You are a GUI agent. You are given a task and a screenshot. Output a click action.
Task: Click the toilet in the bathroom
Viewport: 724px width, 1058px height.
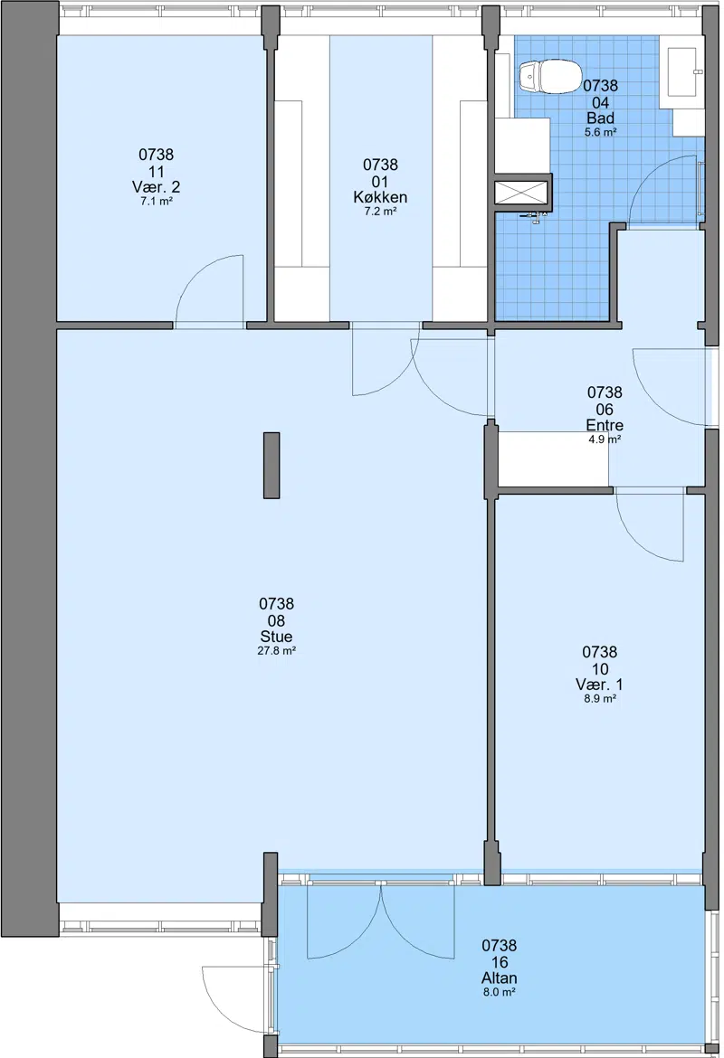(549, 76)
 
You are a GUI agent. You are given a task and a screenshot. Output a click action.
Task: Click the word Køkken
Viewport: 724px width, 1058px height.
(380, 198)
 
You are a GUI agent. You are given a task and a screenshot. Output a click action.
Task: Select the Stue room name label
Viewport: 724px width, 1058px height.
(276, 637)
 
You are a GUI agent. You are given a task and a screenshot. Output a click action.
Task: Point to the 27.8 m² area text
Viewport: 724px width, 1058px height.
(277, 651)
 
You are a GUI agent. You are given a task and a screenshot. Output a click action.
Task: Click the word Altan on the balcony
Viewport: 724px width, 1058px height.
(500, 978)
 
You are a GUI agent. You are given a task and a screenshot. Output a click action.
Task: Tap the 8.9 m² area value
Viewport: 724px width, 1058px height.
(600, 699)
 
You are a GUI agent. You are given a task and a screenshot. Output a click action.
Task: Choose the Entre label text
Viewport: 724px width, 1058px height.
(605, 425)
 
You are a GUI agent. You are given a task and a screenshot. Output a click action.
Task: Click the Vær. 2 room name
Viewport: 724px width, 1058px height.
(156, 187)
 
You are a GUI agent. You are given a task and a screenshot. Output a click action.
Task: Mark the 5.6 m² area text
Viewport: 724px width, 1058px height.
(600, 133)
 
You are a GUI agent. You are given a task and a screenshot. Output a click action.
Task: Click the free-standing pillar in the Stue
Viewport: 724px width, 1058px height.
(271, 466)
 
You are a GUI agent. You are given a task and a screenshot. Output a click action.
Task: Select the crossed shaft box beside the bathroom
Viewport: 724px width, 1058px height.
(523, 193)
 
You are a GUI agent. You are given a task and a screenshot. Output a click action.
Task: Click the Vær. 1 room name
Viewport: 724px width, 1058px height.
(600, 685)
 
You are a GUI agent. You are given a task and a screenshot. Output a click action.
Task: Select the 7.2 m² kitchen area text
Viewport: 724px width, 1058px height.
(380, 212)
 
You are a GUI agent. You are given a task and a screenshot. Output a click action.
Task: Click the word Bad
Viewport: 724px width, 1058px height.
(600, 118)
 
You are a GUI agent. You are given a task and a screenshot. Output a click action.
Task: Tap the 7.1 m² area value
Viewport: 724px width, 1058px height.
(156, 201)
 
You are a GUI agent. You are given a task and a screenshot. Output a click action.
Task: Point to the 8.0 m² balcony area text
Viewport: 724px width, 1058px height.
(500, 993)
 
